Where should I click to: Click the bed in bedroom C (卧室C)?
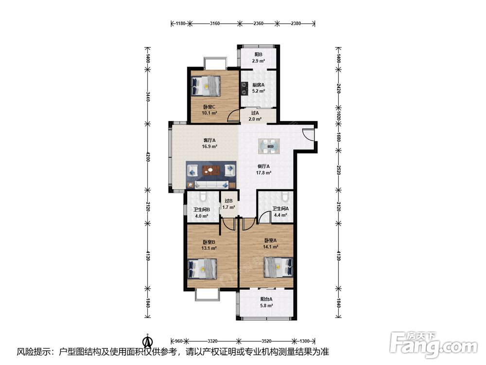pos(206,86)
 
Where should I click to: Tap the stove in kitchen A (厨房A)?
pos(245,88)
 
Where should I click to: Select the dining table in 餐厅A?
pos(269,146)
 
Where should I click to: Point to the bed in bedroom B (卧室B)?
pos(202,269)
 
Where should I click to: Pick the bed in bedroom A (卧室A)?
pos(278,267)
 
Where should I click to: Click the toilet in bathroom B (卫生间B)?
pos(204,196)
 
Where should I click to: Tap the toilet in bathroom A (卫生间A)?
pos(285,196)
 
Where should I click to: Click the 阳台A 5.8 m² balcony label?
pos(266,302)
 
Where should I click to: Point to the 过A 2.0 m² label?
pos(255,116)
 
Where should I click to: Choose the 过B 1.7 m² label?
pos(228,204)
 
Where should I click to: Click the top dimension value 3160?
pos(215,23)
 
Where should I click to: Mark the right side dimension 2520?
pos(338,169)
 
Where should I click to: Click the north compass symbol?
pos(148,341)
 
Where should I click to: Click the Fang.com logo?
pos(434,345)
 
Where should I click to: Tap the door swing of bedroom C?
pos(233,116)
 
